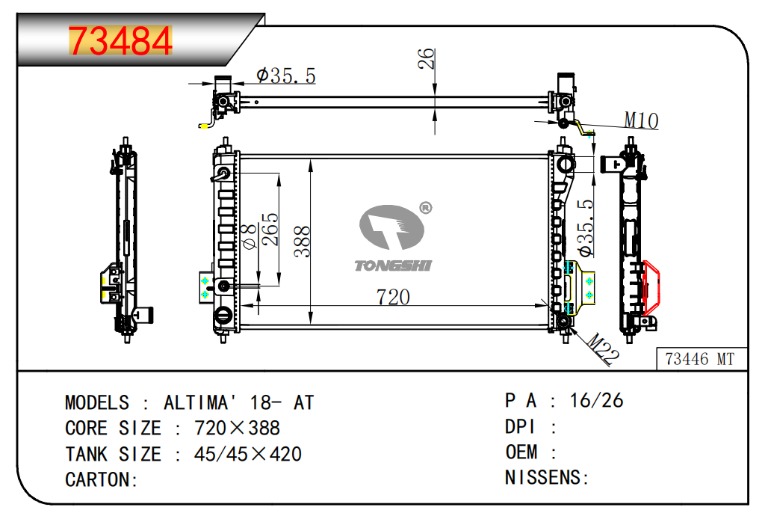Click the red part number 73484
point(120,40)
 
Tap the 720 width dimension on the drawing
point(393,296)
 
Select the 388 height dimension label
point(303,242)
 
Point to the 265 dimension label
point(270,229)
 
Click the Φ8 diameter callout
point(250,236)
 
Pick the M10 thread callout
point(641,120)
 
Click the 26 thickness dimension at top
point(426,58)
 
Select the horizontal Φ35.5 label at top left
point(286,76)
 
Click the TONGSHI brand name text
point(393,265)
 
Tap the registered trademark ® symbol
point(426,208)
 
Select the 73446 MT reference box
point(702,359)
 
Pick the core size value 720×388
point(237,429)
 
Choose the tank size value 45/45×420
point(248,454)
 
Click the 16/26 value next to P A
point(596,401)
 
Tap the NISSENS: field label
point(547,477)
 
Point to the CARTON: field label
point(102,480)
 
